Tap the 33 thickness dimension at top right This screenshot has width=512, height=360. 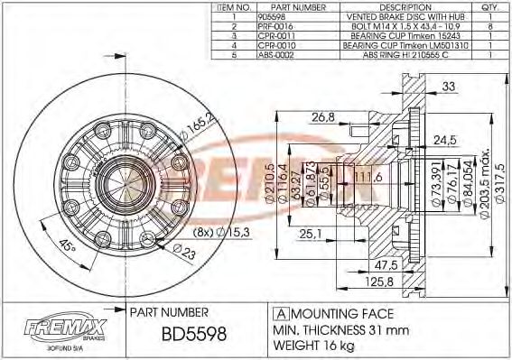(x=449, y=88)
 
